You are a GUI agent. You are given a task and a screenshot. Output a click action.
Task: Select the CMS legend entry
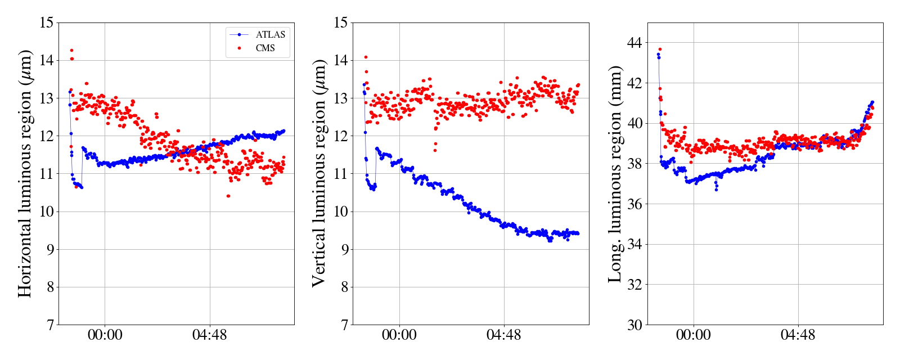265,48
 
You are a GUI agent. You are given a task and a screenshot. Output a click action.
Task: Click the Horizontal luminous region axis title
25,173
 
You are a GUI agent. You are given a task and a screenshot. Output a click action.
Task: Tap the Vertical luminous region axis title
318,173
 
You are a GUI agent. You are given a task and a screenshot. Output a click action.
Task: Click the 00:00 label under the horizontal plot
105,335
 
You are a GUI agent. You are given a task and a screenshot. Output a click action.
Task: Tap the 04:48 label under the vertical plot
503,335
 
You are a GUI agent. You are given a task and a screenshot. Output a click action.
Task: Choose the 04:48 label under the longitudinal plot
798,335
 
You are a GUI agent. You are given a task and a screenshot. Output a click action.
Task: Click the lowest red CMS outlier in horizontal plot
228,196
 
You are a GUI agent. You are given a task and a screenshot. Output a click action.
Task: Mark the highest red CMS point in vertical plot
366,57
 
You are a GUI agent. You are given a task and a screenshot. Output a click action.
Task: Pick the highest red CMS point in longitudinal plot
660,49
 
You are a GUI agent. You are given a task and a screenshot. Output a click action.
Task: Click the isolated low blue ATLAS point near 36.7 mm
716,190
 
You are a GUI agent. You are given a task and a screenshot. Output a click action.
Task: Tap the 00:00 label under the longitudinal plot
693,335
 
